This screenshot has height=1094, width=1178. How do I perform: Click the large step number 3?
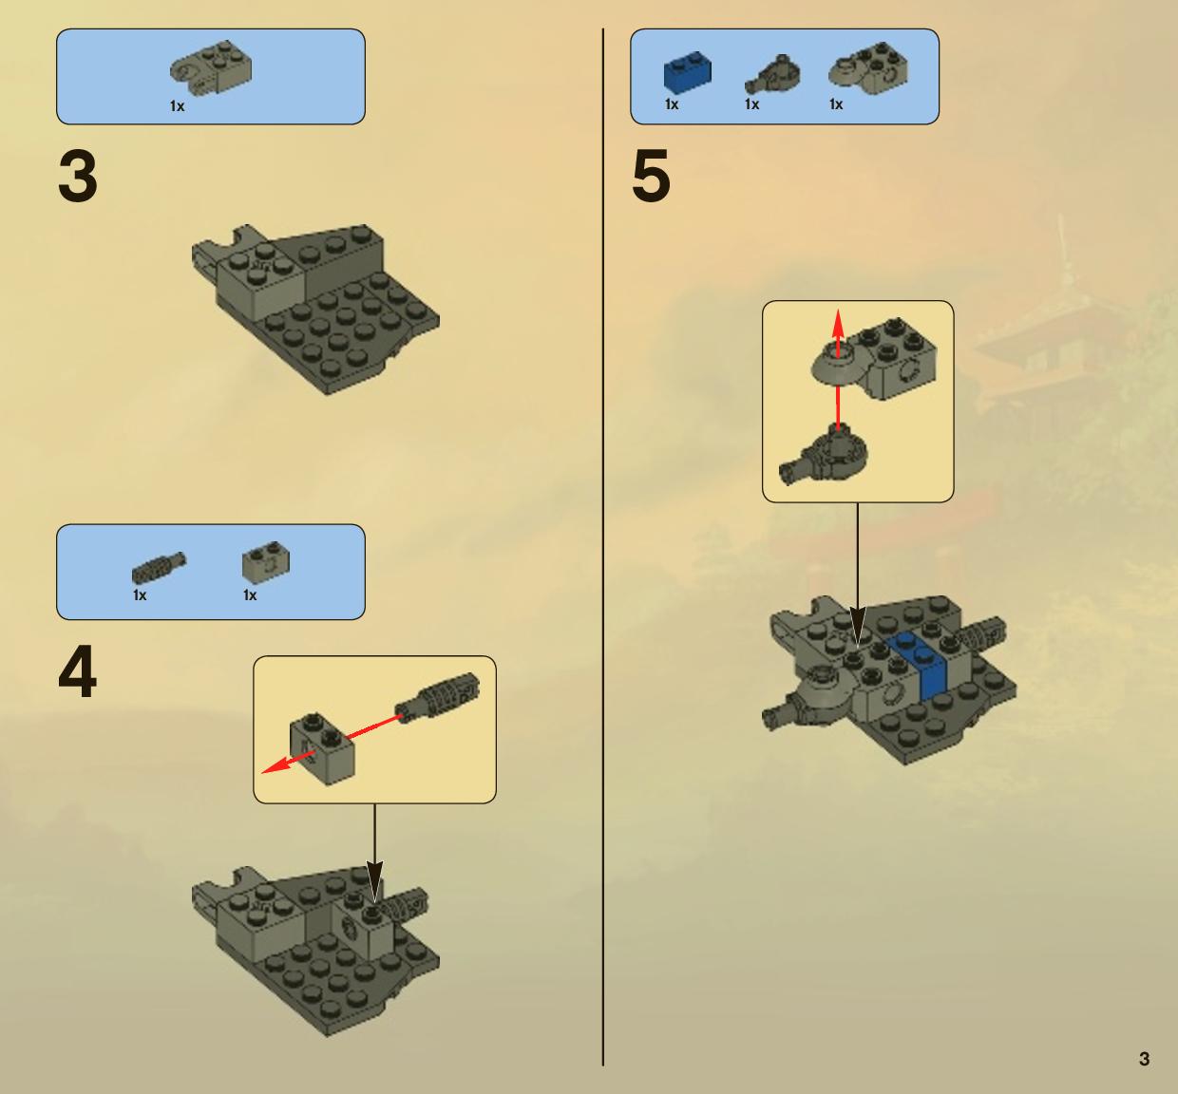pyautogui.click(x=78, y=176)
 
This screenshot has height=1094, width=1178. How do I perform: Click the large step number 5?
pyautogui.click(x=652, y=176)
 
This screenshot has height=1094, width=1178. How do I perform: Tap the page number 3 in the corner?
pyautogui.click(x=1144, y=1059)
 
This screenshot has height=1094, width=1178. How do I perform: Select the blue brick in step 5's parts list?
pyautogui.click(x=688, y=72)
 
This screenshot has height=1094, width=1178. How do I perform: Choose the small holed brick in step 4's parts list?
pyautogui.click(x=266, y=562)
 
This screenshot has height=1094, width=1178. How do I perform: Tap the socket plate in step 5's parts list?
pyautogui.click(x=867, y=69)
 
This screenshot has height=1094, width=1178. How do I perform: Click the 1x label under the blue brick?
pyautogui.click(x=672, y=105)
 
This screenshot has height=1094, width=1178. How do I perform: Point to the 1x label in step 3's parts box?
pyautogui.click(x=177, y=106)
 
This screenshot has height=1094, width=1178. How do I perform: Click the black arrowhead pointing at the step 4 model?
pyautogui.click(x=374, y=881)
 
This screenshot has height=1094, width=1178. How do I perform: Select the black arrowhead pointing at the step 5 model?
pyautogui.click(x=857, y=627)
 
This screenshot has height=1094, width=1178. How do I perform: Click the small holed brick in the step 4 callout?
pyautogui.click(x=323, y=749)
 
